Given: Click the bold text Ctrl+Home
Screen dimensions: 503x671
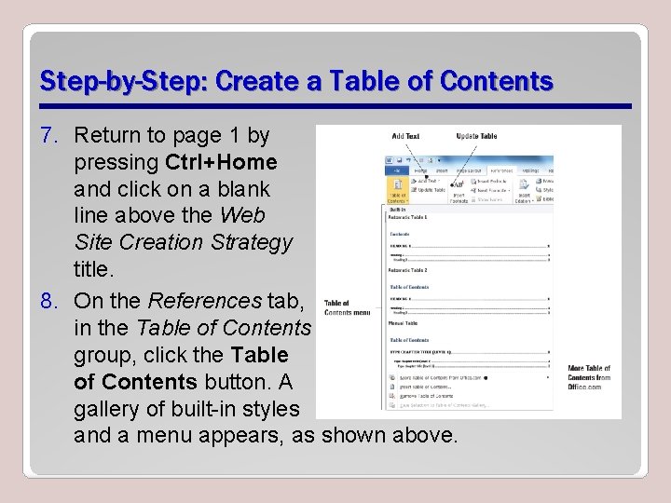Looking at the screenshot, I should coord(221,162).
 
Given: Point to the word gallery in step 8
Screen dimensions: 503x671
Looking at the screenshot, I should coord(113,408).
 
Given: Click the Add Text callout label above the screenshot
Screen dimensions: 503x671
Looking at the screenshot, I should coord(405,137).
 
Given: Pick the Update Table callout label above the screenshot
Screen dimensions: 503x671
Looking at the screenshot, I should coord(476,137).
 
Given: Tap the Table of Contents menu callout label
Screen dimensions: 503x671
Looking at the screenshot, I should coord(347,307).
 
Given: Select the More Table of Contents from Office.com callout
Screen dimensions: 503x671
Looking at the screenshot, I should coord(589,377).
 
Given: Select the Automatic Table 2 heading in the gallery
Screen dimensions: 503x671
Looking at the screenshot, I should coord(408,270).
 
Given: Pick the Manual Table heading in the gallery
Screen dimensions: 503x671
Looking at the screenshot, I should coord(404,323).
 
